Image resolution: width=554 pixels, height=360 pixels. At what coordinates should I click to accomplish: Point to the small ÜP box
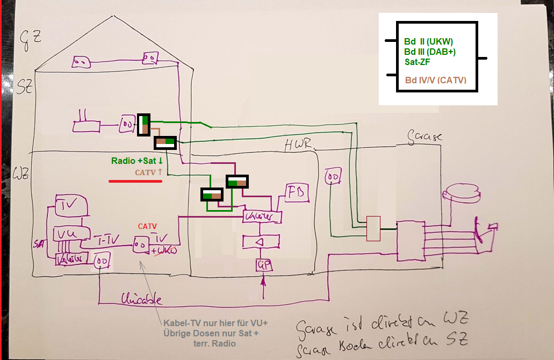(x=263, y=265)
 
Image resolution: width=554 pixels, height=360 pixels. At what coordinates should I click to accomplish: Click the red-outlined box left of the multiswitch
(x=373, y=229)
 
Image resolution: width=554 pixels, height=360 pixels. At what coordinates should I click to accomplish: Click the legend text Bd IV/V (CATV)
(x=435, y=81)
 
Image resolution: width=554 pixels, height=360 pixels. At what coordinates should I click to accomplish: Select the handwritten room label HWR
(x=297, y=144)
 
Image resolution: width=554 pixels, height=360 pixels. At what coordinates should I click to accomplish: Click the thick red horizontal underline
(x=135, y=182)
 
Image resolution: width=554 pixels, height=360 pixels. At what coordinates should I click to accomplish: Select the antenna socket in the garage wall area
(x=333, y=176)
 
